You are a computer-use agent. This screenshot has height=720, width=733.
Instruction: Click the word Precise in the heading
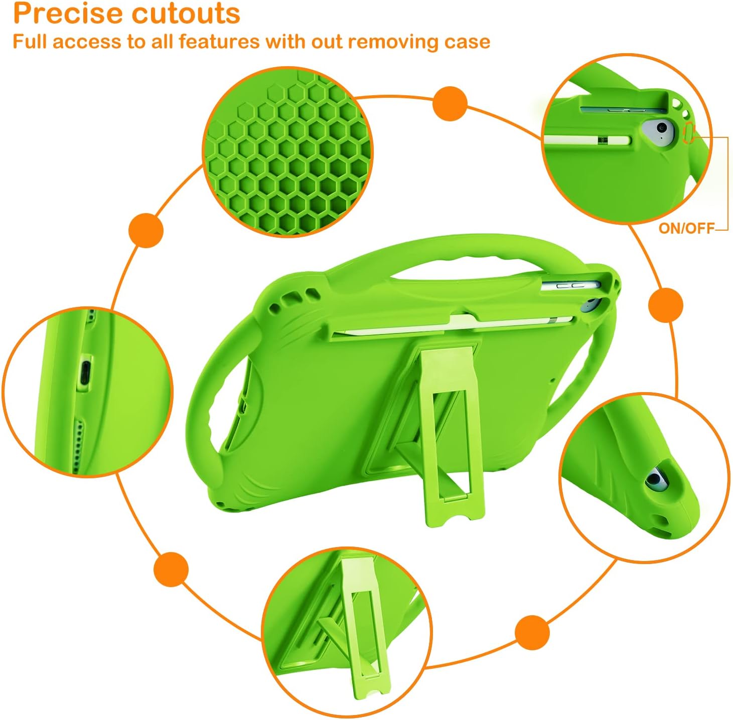(x=67, y=14)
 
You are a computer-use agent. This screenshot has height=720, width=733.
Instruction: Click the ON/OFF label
(x=686, y=228)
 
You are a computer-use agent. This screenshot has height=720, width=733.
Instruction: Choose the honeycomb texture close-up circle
(x=287, y=152)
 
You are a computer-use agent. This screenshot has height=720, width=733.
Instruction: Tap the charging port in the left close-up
(x=85, y=374)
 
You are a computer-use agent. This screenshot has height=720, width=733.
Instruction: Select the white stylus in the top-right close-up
(x=587, y=141)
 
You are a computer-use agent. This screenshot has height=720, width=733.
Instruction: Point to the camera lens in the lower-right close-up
(x=654, y=478)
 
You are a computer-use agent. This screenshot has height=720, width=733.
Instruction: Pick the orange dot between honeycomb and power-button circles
(x=450, y=104)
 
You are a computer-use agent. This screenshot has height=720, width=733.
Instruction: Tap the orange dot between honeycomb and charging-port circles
(x=145, y=230)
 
